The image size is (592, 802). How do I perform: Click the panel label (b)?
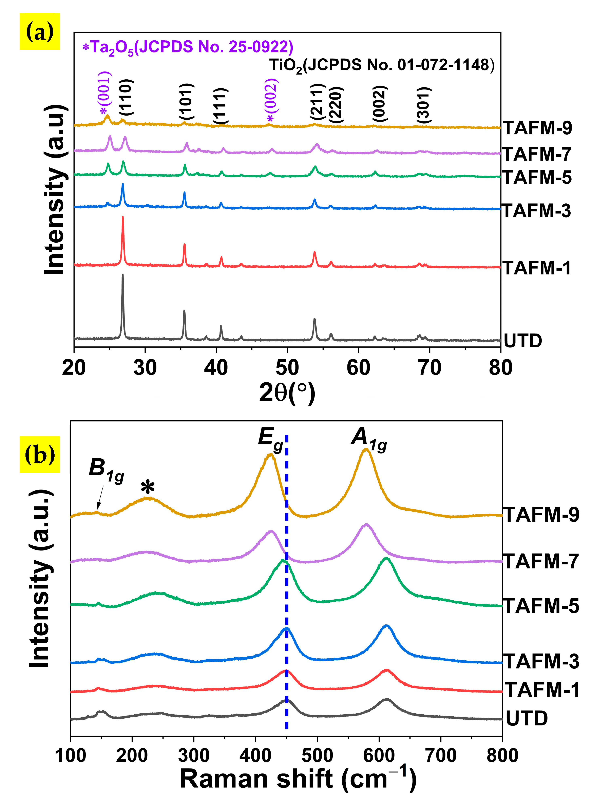click(40, 454)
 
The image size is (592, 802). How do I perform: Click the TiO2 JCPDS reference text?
click(382, 65)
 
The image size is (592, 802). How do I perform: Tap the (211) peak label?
click(318, 102)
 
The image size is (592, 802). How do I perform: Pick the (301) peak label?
click(424, 105)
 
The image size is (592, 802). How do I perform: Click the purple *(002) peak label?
click(272, 100)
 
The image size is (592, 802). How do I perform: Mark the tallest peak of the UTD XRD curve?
click(123, 276)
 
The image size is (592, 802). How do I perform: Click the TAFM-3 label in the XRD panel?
click(536, 211)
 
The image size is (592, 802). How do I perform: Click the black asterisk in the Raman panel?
click(148, 487)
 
